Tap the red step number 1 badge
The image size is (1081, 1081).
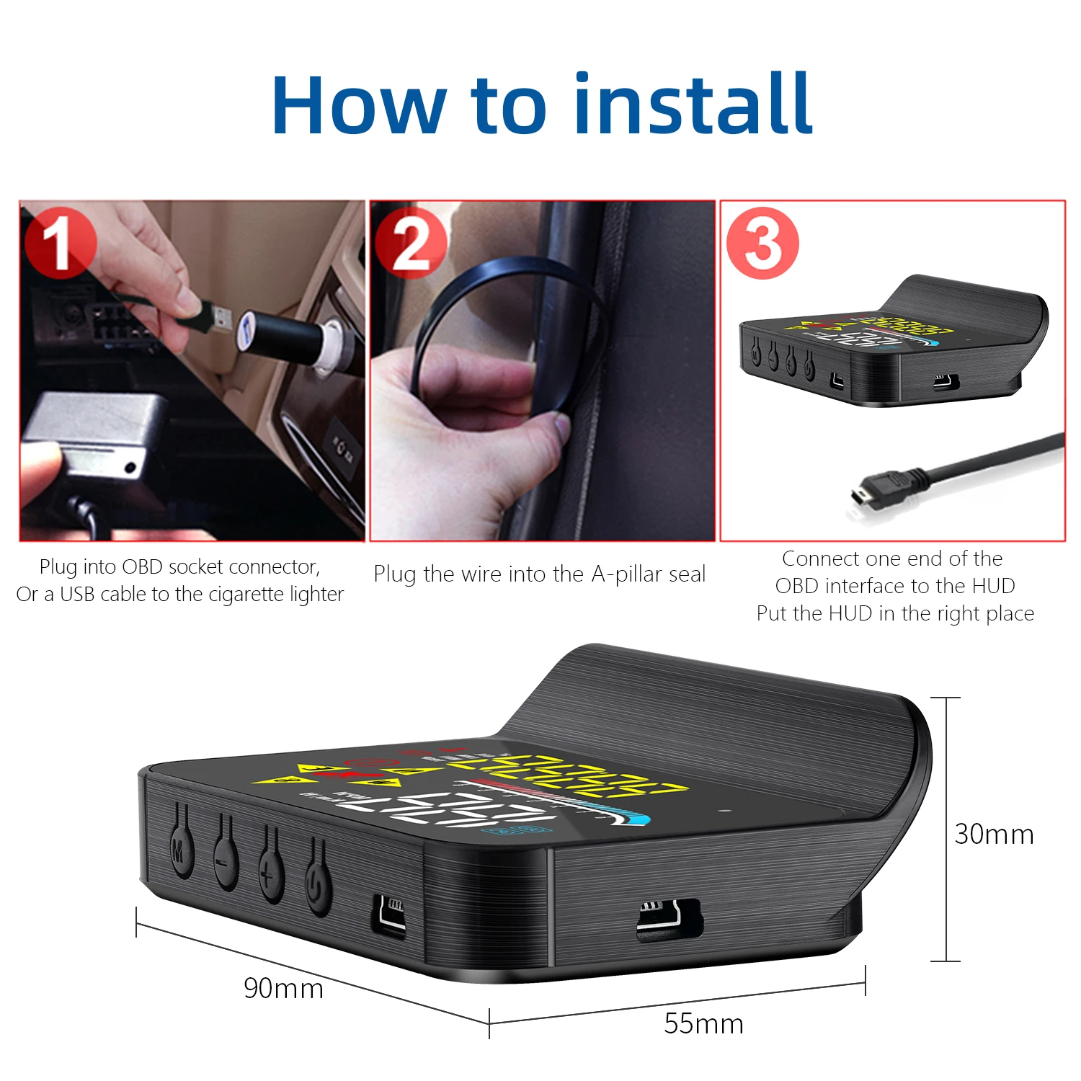pyautogui.click(x=61, y=243)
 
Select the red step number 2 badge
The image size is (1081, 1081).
pyautogui.click(x=411, y=243)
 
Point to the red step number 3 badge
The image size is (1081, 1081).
pyautogui.click(x=762, y=243)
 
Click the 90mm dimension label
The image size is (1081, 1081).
pyautogui.click(x=283, y=988)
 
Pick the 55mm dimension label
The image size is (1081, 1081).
pyautogui.click(x=703, y=1023)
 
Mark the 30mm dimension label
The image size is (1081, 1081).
pyautogui.click(x=994, y=834)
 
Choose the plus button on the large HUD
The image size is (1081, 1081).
pyautogui.click(x=270, y=875)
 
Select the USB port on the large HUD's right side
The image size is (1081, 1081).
pyautogui.click(x=669, y=920)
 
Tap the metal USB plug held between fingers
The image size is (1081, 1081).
pyautogui.click(x=215, y=318)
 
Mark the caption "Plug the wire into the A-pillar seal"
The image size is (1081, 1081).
pyautogui.click(x=539, y=574)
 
